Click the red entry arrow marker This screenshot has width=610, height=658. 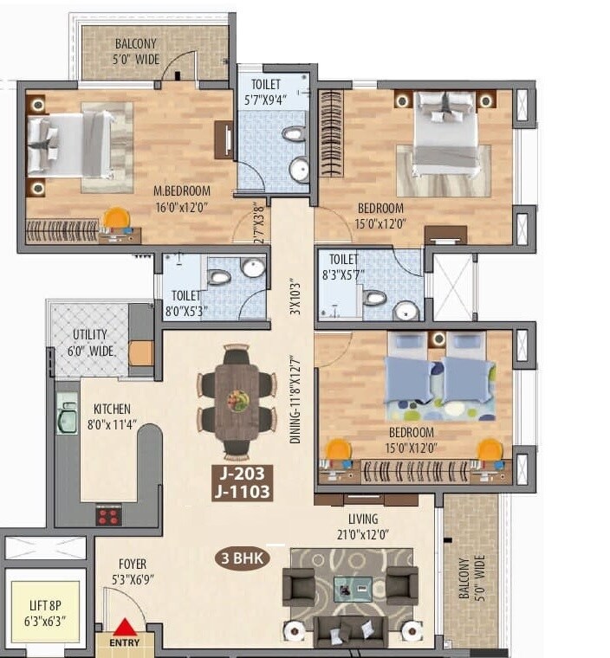tap(127, 627)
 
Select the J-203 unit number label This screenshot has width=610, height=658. tap(243, 474)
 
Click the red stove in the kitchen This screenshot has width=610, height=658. tap(108, 516)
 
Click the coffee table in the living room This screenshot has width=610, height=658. tap(353, 588)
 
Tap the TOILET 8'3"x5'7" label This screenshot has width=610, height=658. tap(344, 265)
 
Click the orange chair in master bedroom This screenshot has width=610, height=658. tap(114, 218)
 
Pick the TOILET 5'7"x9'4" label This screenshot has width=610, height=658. tap(271, 91)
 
